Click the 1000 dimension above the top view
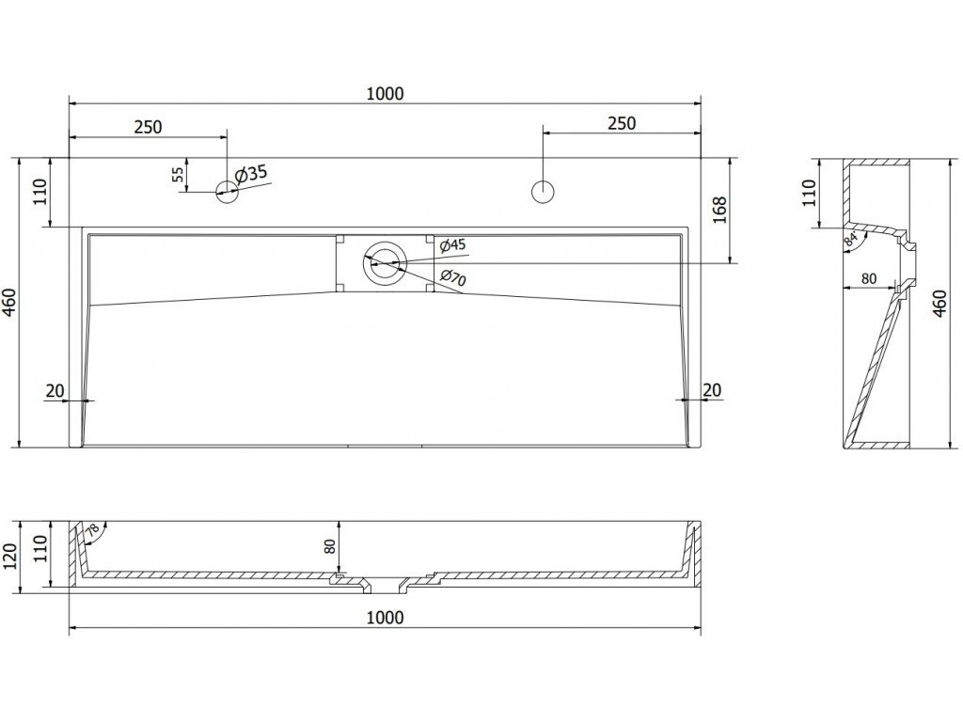pos(386,92)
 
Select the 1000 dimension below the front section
pos(386,618)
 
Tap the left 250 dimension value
pos(148,127)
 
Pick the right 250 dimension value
pos(621,123)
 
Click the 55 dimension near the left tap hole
pos(178,173)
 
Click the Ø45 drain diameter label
pos(452,245)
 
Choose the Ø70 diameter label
pos(452,276)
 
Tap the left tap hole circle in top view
pos(227,192)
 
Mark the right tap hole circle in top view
pos(543,191)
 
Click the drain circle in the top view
pos(385,262)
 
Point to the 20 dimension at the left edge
pos(54,390)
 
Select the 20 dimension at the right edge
pos(712,390)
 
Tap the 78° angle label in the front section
pos(92,533)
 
